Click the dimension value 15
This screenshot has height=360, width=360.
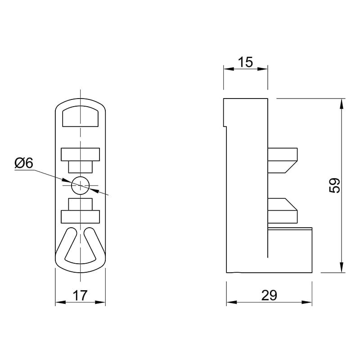pyautogui.click(x=245, y=62)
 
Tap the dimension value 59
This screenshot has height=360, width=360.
pyautogui.click(x=334, y=185)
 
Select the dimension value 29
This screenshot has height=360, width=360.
pyautogui.click(x=269, y=295)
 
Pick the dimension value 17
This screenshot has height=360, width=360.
pyautogui.click(x=80, y=295)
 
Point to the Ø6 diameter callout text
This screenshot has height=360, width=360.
pyautogui.click(x=24, y=163)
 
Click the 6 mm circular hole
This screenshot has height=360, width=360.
pyautogui.click(x=80, y=185)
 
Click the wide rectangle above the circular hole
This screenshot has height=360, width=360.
pyautogui.click(x=80, y=154)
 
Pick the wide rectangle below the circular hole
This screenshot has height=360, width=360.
pyautogui.click(x=80, y=216)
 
